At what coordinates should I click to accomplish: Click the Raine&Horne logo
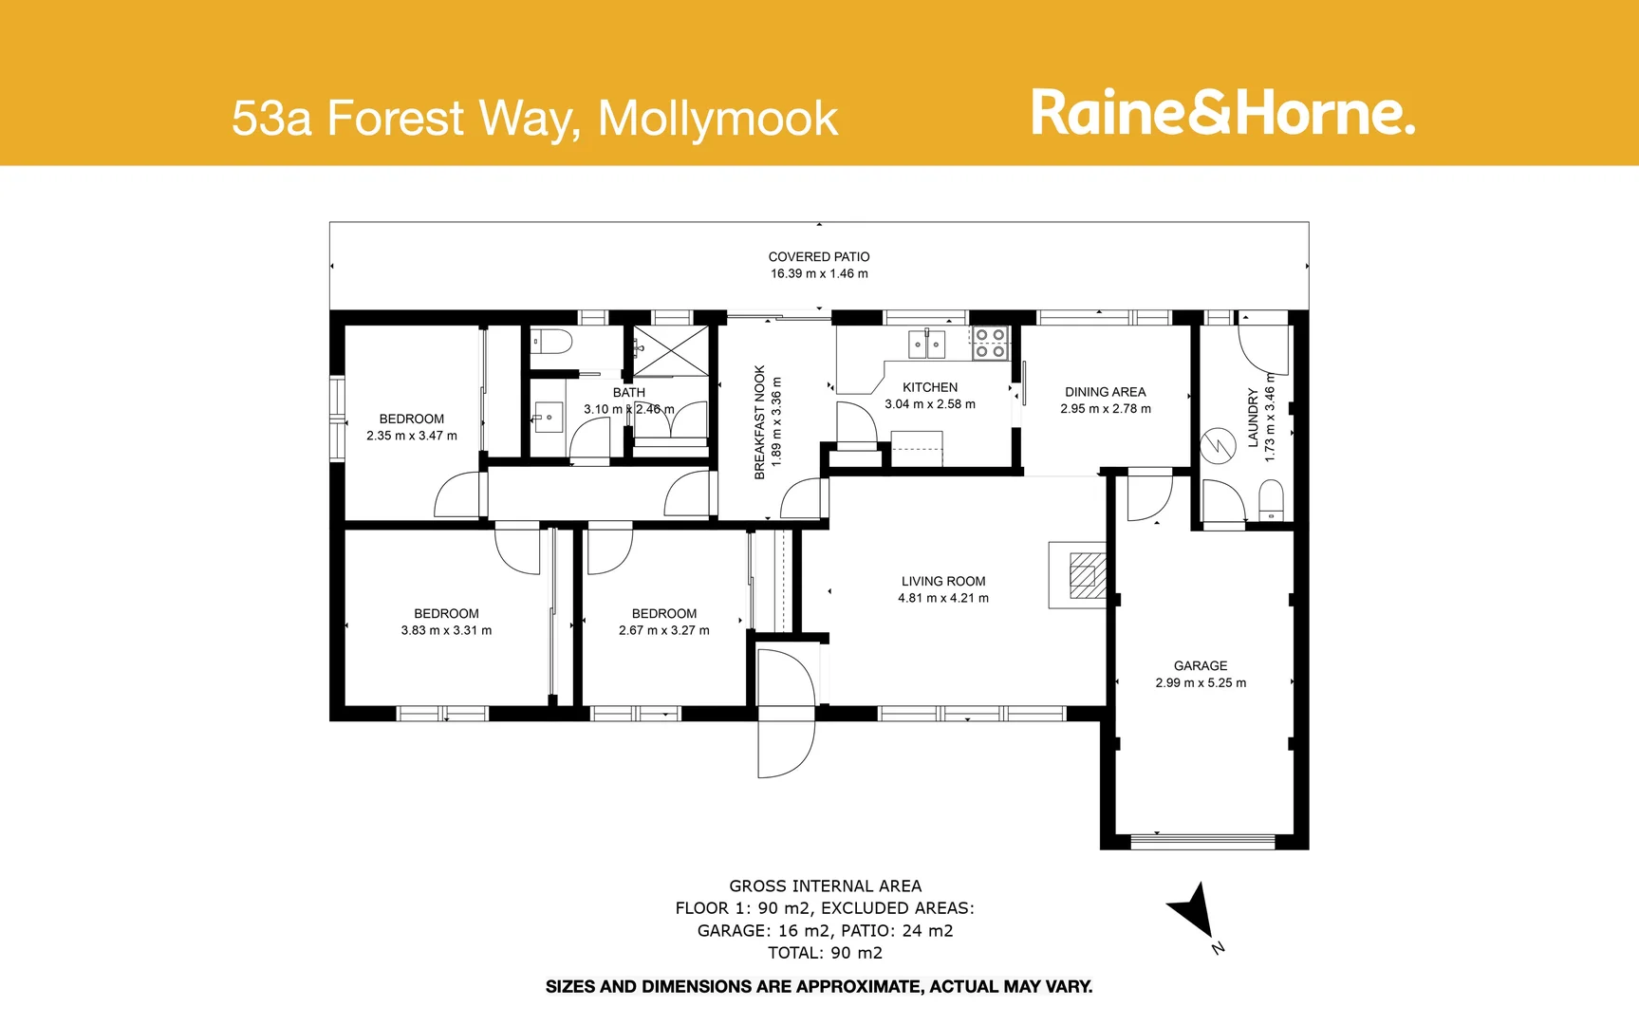[1222, 114]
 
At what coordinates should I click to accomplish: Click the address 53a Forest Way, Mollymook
[534, 119]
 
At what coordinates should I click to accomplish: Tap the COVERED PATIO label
[818, 256]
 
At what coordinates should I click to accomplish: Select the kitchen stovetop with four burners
[990, 343]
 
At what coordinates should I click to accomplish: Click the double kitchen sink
[926, 344]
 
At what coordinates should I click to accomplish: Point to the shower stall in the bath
[672, 350]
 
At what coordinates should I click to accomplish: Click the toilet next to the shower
[549, 342]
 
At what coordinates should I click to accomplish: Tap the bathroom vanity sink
[548, 418]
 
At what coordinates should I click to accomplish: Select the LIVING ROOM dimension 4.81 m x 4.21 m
[942, 598]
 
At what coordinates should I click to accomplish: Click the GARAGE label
[1200, 665]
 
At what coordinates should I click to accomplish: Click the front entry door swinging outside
[786, 740]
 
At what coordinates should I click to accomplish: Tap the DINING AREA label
[1105, 392]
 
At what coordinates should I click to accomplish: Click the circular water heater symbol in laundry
[1218, 446]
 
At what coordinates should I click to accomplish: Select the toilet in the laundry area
[1270, 500]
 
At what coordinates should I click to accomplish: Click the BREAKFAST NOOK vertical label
[759, 422]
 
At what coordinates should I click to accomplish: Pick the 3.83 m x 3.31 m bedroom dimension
[446, 630]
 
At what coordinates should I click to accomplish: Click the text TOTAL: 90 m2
[825, 953]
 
